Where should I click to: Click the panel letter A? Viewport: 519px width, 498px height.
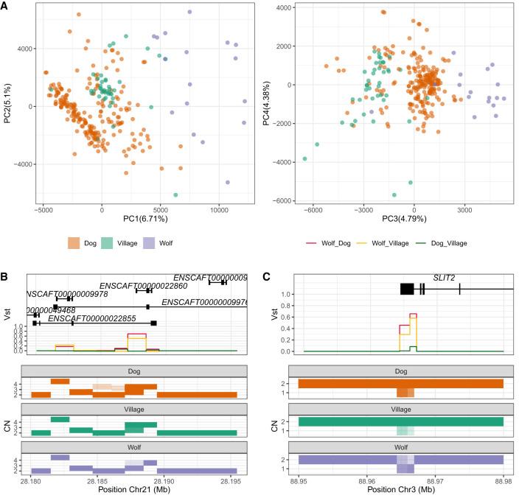click(x=5, y=5)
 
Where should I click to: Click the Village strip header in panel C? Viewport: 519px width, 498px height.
click(x=401, y=407)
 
